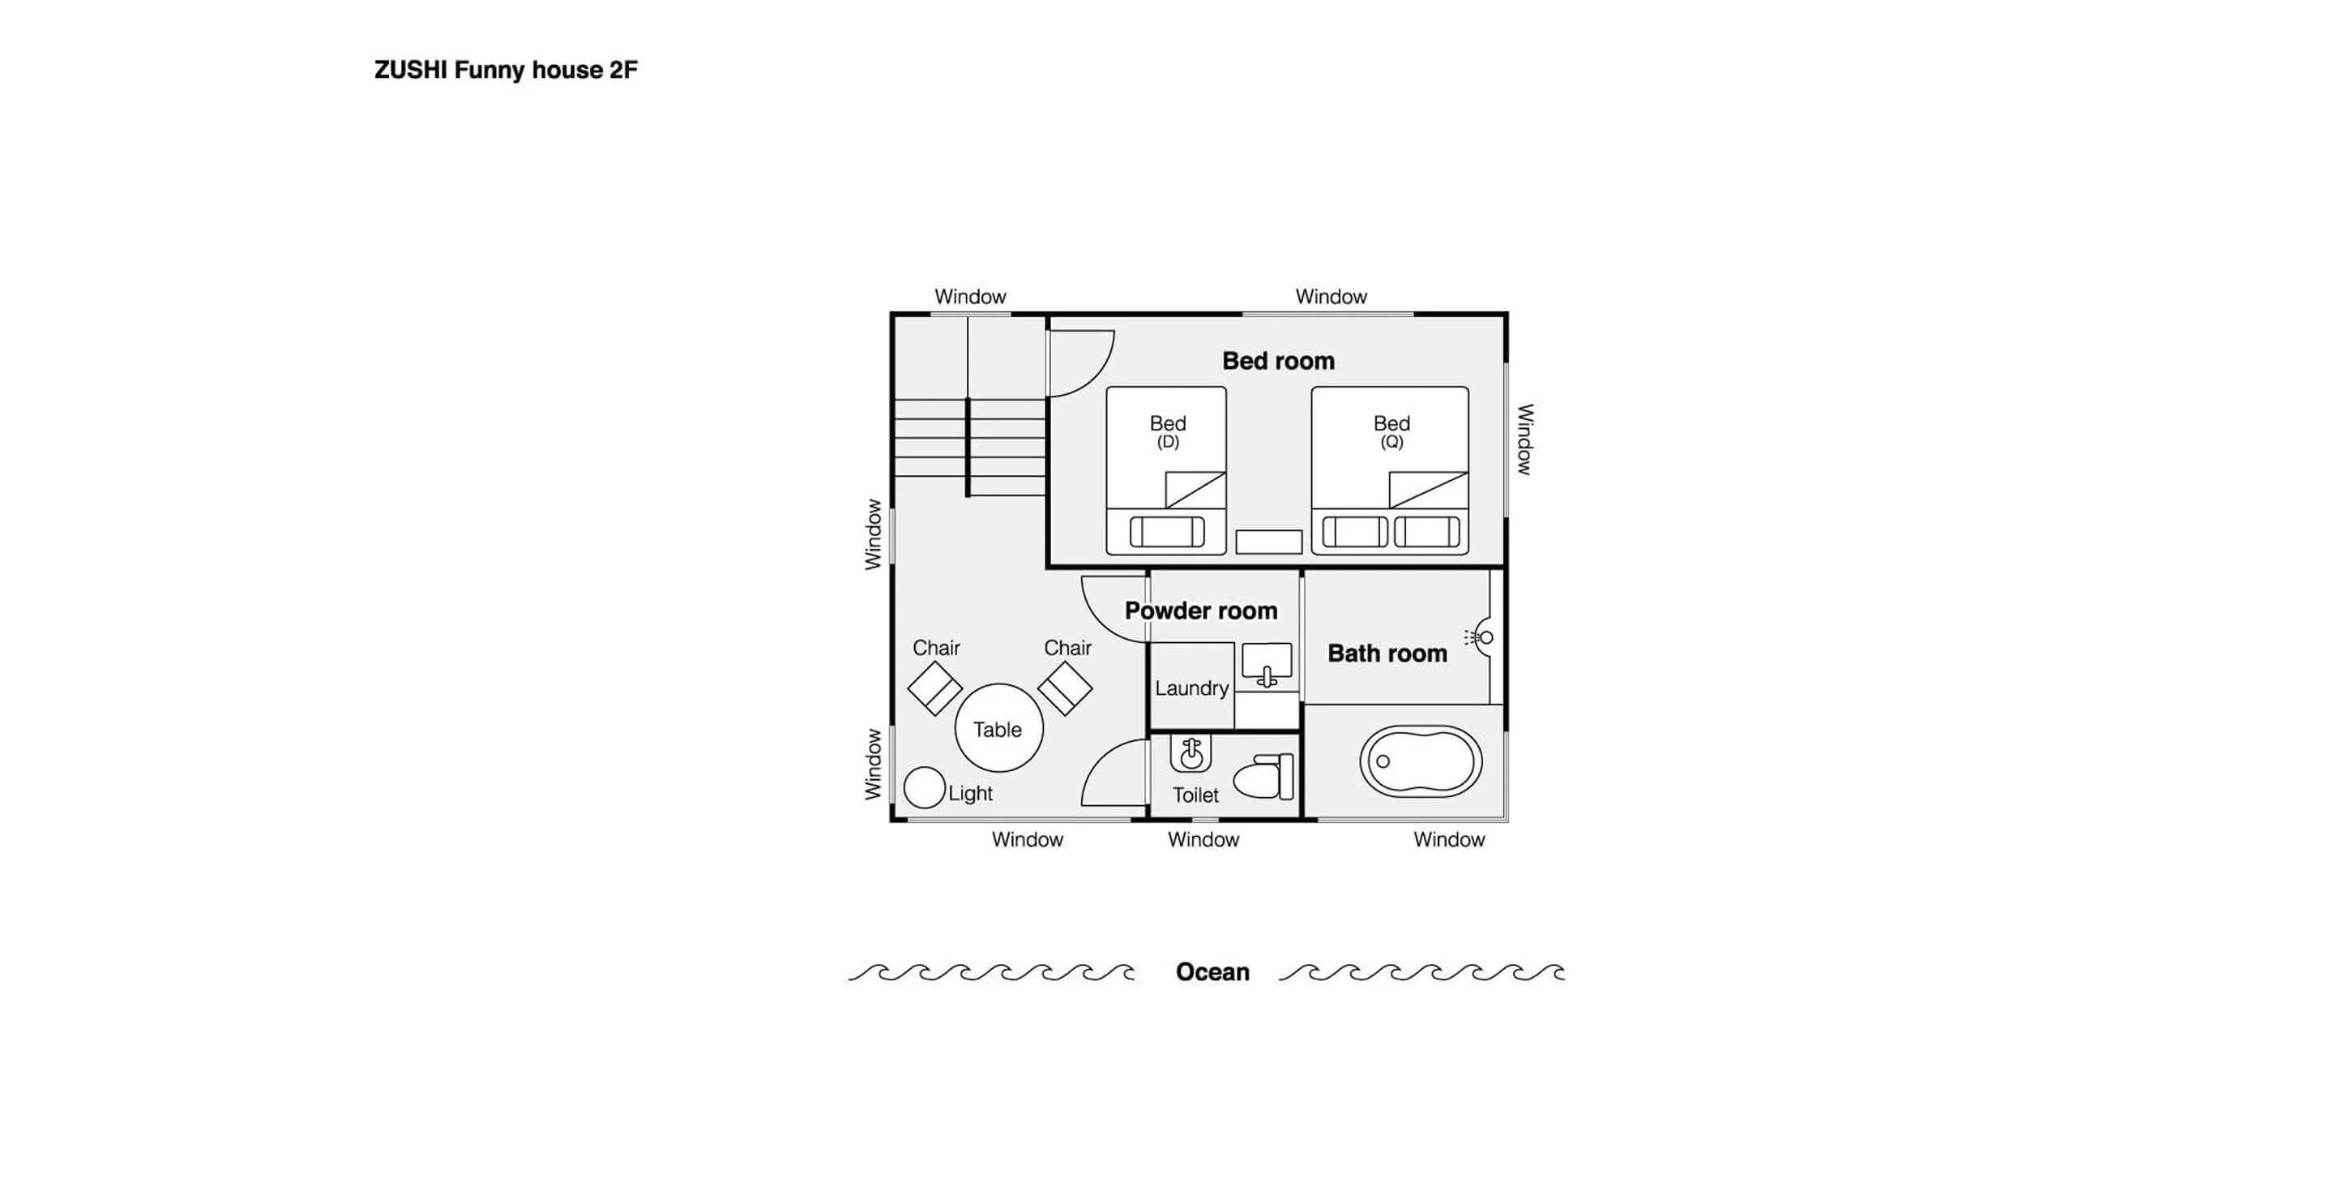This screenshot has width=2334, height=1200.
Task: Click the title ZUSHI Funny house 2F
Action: click(506, 70)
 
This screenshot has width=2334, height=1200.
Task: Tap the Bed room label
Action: click(1279, 361)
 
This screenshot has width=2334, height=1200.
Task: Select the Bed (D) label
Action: click(1168, 431)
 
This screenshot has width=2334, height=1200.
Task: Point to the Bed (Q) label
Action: click(1391, 431)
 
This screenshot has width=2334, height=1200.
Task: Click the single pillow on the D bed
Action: click(1167, 532)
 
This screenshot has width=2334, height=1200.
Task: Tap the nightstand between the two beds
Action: click(1268, 542)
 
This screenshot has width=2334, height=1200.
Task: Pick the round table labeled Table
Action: click(998, 728)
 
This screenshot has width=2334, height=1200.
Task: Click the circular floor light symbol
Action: click(925, 787)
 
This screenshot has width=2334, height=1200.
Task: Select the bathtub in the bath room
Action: click(1421, 761)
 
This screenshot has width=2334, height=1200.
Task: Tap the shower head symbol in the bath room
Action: click(1480, 637)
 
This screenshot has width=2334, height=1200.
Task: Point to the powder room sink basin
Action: click(1267, 664)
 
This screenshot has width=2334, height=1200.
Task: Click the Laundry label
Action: click(1191, 688)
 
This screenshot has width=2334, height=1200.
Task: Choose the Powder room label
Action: click(1201, 611)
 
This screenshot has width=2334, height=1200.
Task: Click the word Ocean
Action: click(1212, 971)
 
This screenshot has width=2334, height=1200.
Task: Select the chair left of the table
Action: click(935, 688)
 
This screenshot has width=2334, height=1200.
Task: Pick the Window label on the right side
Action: click(1526, 439)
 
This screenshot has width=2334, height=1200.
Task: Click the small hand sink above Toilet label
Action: click(1191, 753)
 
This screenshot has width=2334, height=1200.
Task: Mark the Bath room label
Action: click(1387, 654)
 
